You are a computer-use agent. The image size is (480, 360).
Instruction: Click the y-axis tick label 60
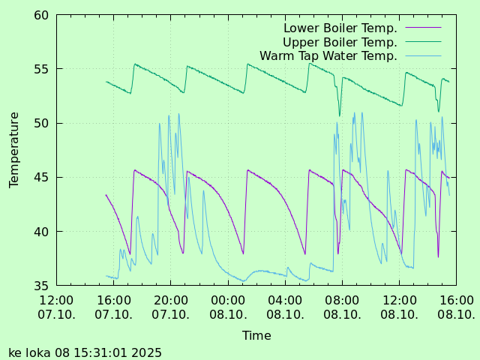point(41,15)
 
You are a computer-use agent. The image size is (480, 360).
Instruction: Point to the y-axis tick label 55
point(41,69)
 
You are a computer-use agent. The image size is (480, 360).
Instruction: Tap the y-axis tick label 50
point(41,123)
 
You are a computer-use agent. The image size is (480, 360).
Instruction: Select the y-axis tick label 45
point(41,178)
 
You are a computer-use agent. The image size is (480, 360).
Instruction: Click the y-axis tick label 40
point(41,232)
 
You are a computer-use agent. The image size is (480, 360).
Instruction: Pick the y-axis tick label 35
point(41,286)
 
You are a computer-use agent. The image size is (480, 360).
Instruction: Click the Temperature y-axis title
point(14,150)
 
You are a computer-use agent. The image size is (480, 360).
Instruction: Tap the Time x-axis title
point(256,336)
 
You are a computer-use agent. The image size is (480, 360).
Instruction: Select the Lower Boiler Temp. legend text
point(340,28)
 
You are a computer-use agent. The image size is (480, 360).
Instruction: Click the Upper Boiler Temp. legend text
point(340,42)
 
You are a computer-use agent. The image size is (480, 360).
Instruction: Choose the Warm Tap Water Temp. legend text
point(328,56)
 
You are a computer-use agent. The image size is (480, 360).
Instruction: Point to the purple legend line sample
point(423,28)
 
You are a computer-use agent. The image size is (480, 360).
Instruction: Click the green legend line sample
point(423,42)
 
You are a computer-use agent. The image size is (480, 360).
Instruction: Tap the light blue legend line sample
point(423,56)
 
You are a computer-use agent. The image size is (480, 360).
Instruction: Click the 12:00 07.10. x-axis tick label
point(56,307)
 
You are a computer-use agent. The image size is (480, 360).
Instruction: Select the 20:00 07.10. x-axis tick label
point(170,307)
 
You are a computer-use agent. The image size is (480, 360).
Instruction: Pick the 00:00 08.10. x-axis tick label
point(228,307)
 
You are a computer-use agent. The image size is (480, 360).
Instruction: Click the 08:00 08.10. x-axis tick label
point(342,307)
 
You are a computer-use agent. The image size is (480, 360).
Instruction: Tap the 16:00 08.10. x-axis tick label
point(456,307)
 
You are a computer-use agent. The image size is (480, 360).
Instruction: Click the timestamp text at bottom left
point(85,352)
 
